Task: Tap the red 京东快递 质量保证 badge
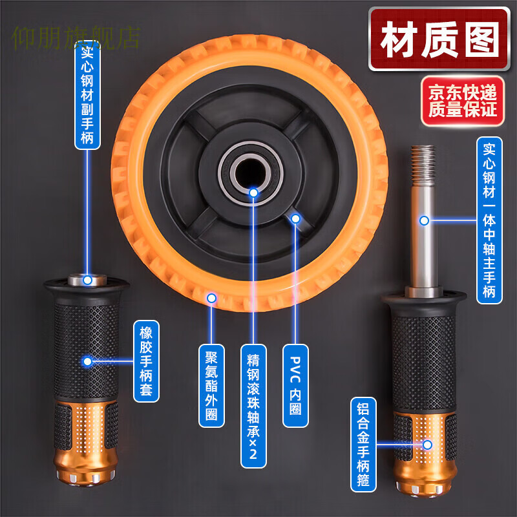click(x=463, y=101)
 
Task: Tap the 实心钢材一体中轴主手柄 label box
click(x=489, y=220)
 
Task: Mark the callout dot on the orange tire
click(x=211, y=297)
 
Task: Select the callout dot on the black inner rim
click(x=295, y=218)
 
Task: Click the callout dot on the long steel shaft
click(x=424, y=220)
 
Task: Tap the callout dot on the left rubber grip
click(x=87, y=361)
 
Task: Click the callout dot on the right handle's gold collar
click(x=427, y=445)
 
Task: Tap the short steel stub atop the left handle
click(x=87, y=279)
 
